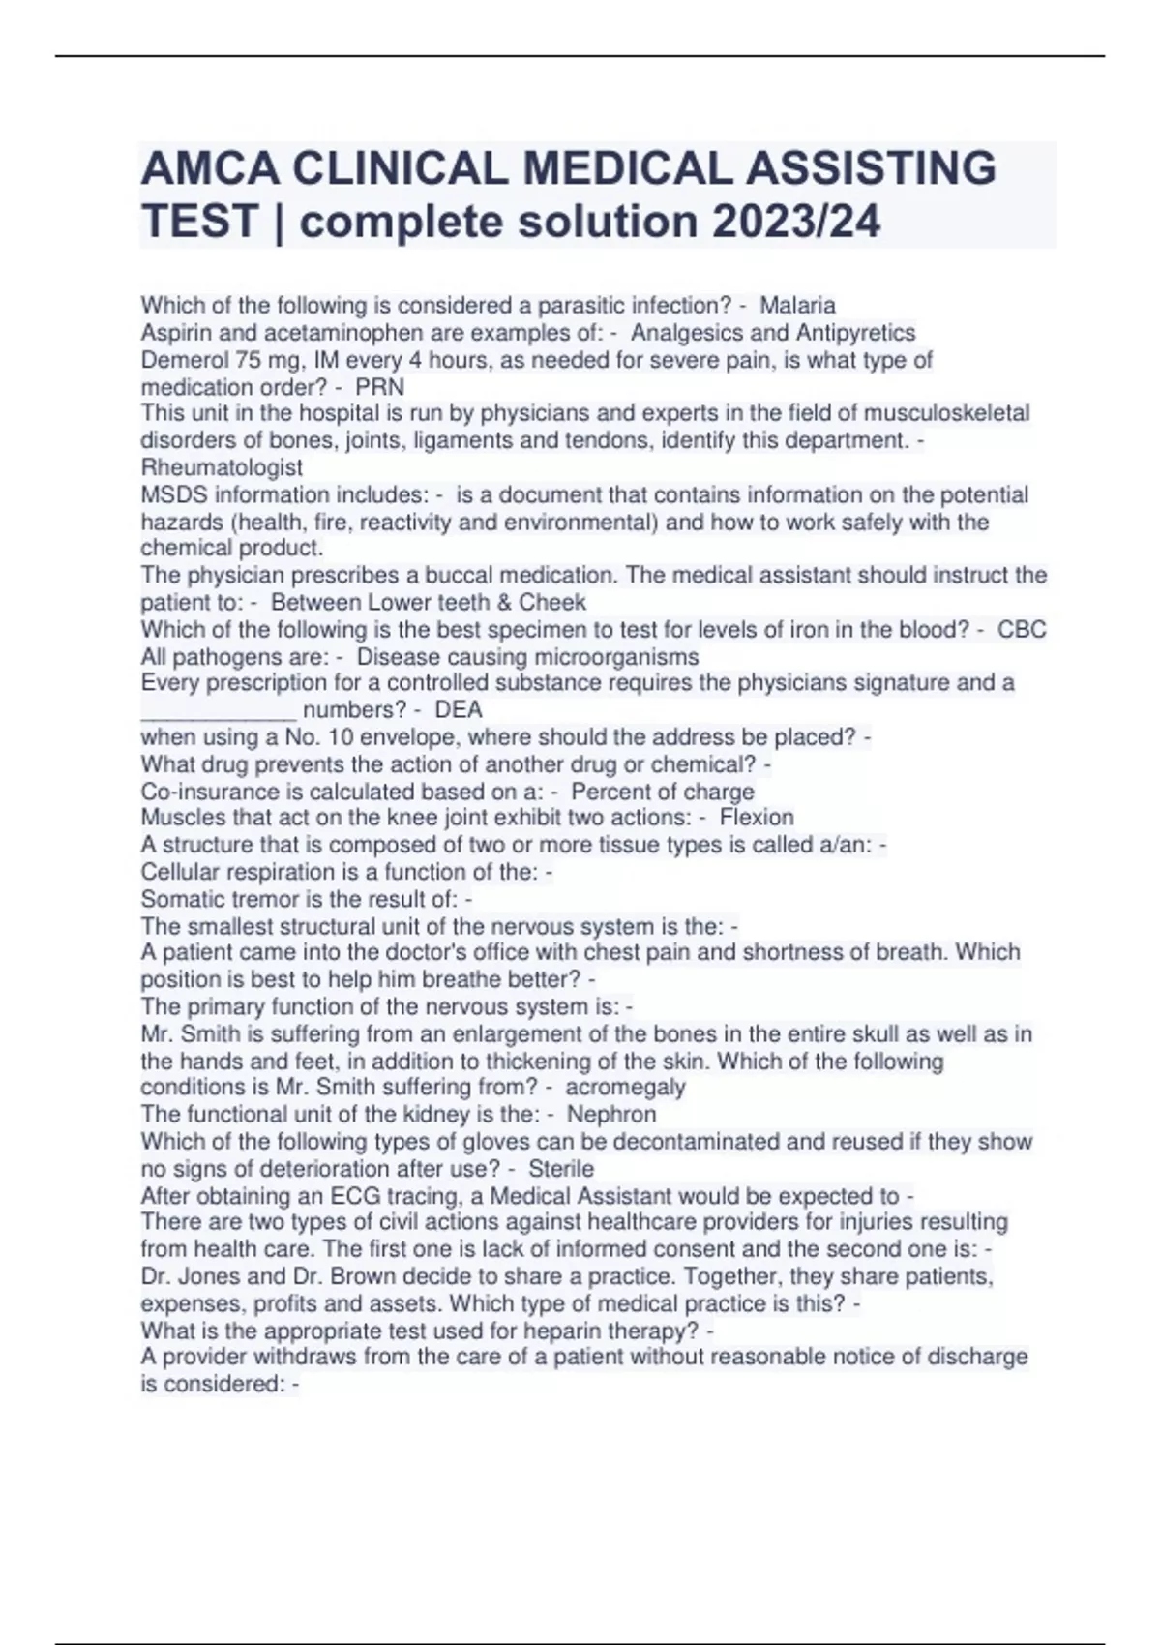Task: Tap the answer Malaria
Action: coord(797,306)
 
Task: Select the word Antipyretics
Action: coord(855,333)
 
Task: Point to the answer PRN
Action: coord(380,387)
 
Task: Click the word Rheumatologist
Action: coord(222,467)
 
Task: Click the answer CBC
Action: coord(1022,629)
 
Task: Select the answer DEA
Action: coord(459,709)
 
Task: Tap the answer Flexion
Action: coord(757,818)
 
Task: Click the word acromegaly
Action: coord(625,1087)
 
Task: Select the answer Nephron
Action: coord(611,1114)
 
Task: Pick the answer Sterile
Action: coord(561,1168)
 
